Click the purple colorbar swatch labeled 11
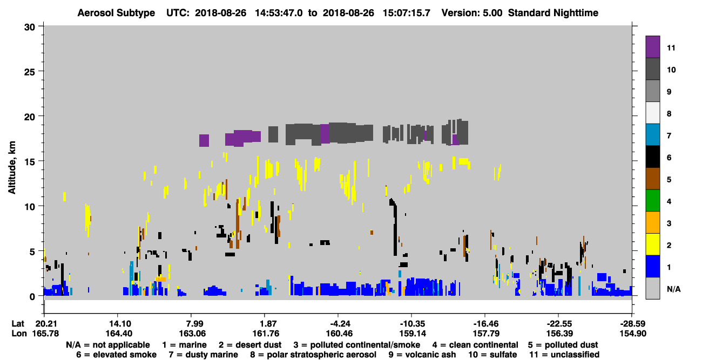(x=652, y=47)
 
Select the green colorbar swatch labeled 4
(x=652, y=201)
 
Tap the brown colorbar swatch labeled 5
(x=652, y=179)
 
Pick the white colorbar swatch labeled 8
(x=652, y=113)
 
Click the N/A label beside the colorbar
(x=673, y=289)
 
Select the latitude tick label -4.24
(x=338, y=324)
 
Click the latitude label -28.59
(x=633, y=324)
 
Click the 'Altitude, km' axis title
(x=11, y=167)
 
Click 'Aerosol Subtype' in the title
(x=116, y=13)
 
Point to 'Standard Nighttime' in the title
(x=553, y=13)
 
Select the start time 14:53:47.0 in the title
(x=279, y=13)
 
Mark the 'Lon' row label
(x=19, y=334)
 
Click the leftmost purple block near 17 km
(x=204, y=140)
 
